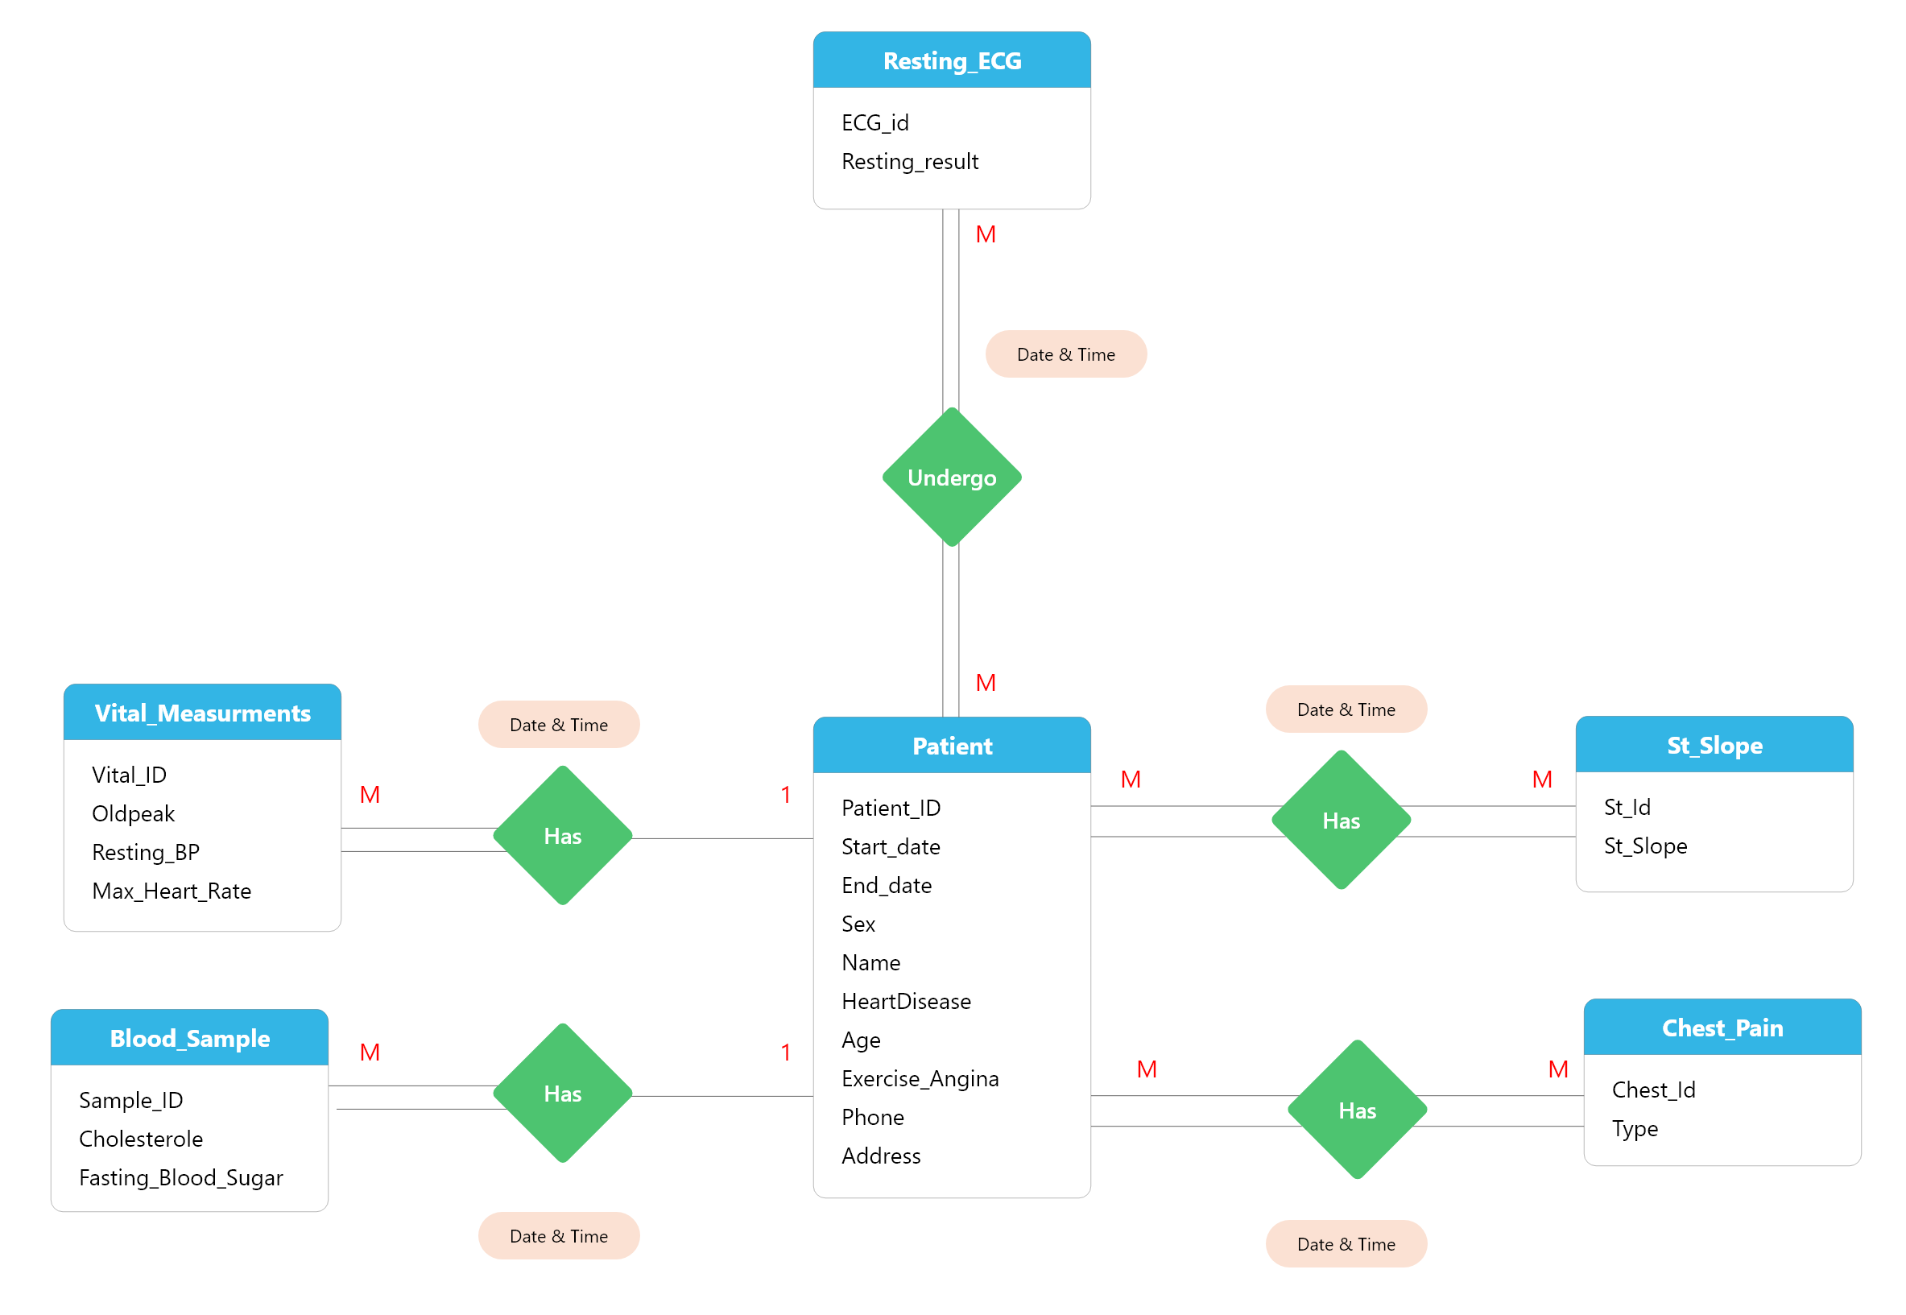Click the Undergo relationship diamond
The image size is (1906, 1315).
(x=951, y=477)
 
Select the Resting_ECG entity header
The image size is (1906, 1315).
(x=951, y=60)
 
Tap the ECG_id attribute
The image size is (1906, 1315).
(x=874, y=122)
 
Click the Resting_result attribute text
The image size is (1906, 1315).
(x=909, y=162)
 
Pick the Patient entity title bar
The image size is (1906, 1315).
(x=951, y=746)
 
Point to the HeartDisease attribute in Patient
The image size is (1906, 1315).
(x=906, y=1001)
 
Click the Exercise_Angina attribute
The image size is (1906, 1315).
(x=920, y=1078)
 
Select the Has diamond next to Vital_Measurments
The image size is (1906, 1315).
(x=563, y=836)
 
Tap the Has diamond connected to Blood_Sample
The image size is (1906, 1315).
(x=563, y=1094)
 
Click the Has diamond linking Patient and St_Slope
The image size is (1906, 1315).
(x=1341, y=821)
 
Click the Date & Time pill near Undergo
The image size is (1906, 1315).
(x=1066, y=354)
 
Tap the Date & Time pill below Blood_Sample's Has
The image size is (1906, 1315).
(x=559, y=1236)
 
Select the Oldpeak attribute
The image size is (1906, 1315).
(x=133, y=813)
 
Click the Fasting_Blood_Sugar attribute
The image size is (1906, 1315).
(x=180, y=1177)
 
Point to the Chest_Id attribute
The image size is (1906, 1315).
(x=1653, y=1090)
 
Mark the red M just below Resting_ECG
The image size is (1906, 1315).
(x=985, y=235)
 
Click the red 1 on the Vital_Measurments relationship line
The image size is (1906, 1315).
(x=786, y=795)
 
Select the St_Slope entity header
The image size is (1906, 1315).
(x=1714, y=745)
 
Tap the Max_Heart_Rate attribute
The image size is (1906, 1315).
(x=172, y=891)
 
